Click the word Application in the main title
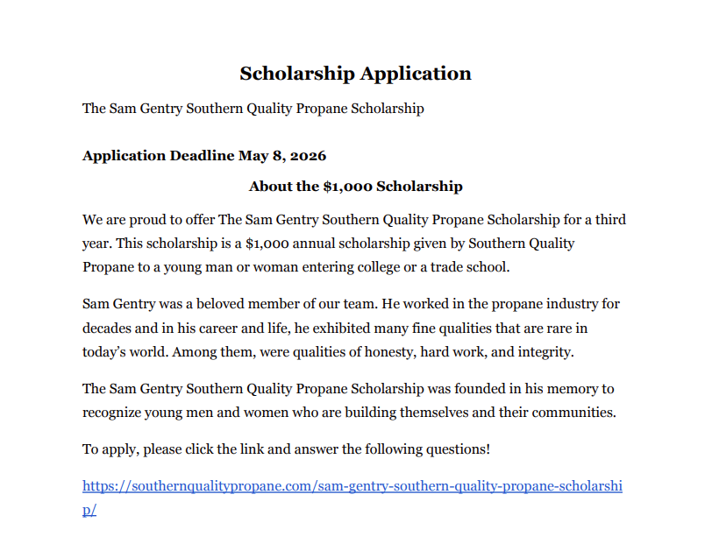[415, 74]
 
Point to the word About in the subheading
[271, 187]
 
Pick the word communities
[573, 412]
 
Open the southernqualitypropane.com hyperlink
[352, 486]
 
